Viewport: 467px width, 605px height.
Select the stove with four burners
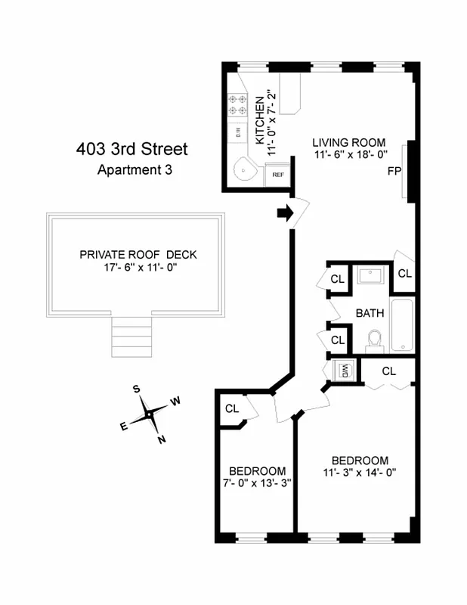tap(239, 104)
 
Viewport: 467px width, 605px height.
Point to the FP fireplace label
tap(394, 171)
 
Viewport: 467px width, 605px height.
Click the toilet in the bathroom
tap(373, 340)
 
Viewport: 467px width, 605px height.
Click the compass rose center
tap(150, 414)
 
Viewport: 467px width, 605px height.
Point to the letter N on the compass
tap(161, 439)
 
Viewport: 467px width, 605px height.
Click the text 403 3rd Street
tap(131, 149)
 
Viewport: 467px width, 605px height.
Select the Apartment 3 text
tap(135, 170)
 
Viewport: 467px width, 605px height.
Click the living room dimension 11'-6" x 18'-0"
tap(350, 154)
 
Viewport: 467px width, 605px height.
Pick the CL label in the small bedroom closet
tap(232, 409)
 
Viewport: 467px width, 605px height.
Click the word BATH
tap(370, 312)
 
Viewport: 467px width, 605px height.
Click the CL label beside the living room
tap(404, 273)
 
